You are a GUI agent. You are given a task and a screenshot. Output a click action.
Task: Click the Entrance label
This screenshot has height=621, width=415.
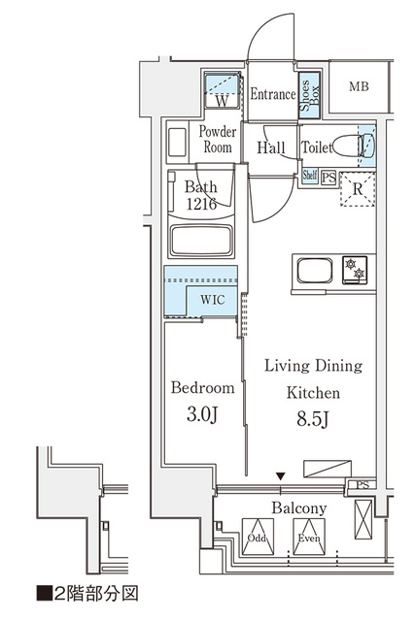(x=272, y=95)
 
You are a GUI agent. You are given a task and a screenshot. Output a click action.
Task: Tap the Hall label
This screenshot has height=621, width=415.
(x=270, y=148)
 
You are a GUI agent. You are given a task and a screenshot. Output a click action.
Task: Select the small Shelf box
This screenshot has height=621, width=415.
(x=310, y=176)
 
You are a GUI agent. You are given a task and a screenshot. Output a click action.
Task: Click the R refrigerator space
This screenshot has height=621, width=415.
(x=356, y=190)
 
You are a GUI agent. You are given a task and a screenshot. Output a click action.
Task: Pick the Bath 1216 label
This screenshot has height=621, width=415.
(x=203, y=195)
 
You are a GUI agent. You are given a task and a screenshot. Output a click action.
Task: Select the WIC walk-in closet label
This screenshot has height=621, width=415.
(x=213, y=300)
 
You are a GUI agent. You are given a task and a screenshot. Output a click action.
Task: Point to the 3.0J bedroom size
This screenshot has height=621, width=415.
(x=203, y=414)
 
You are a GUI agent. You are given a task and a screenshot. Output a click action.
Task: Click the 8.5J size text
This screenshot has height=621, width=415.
(x=312, y=419)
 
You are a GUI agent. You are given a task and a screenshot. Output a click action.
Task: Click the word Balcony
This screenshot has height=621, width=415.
(x=298, y=507)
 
